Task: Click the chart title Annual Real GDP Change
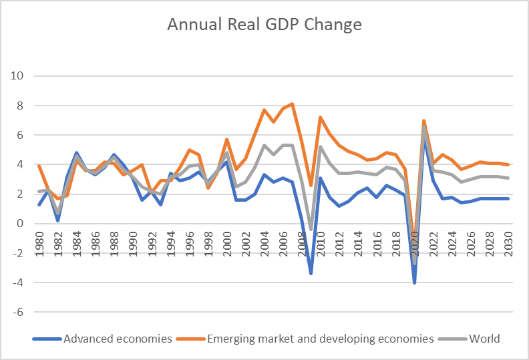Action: [x=264, y=25]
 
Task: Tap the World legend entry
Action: [x=484, y=339]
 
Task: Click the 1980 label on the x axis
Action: [x=39, y=242]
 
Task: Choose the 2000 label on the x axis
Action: [x=228, y=242]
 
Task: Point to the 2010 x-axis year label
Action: [x=321, y=242]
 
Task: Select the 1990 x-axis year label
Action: [x=133, y=242]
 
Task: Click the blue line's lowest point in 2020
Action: [x=415, y=283]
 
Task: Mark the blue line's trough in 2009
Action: [x=311, y=273]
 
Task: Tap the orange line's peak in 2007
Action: [x=293, y=104]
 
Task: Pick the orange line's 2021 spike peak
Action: [x=424, y=120]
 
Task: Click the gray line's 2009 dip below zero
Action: [x=311, y=230]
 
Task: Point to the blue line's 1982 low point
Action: [x=58, y=220]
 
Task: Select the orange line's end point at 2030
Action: [x=509, y=164]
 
